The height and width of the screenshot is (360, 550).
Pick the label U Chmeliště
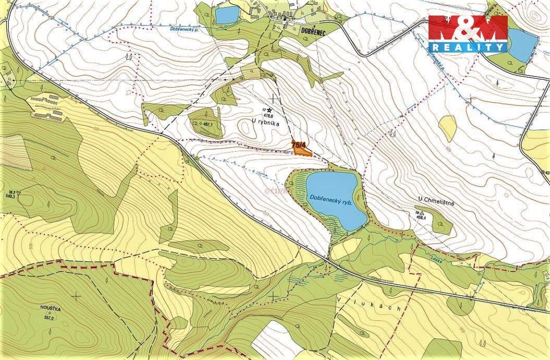436,203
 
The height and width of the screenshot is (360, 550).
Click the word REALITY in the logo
468,47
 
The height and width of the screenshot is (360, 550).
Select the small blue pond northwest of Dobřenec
226,15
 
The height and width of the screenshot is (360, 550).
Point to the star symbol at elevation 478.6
270,110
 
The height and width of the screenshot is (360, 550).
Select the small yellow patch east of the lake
447,128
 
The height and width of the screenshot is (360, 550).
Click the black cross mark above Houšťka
77,295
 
